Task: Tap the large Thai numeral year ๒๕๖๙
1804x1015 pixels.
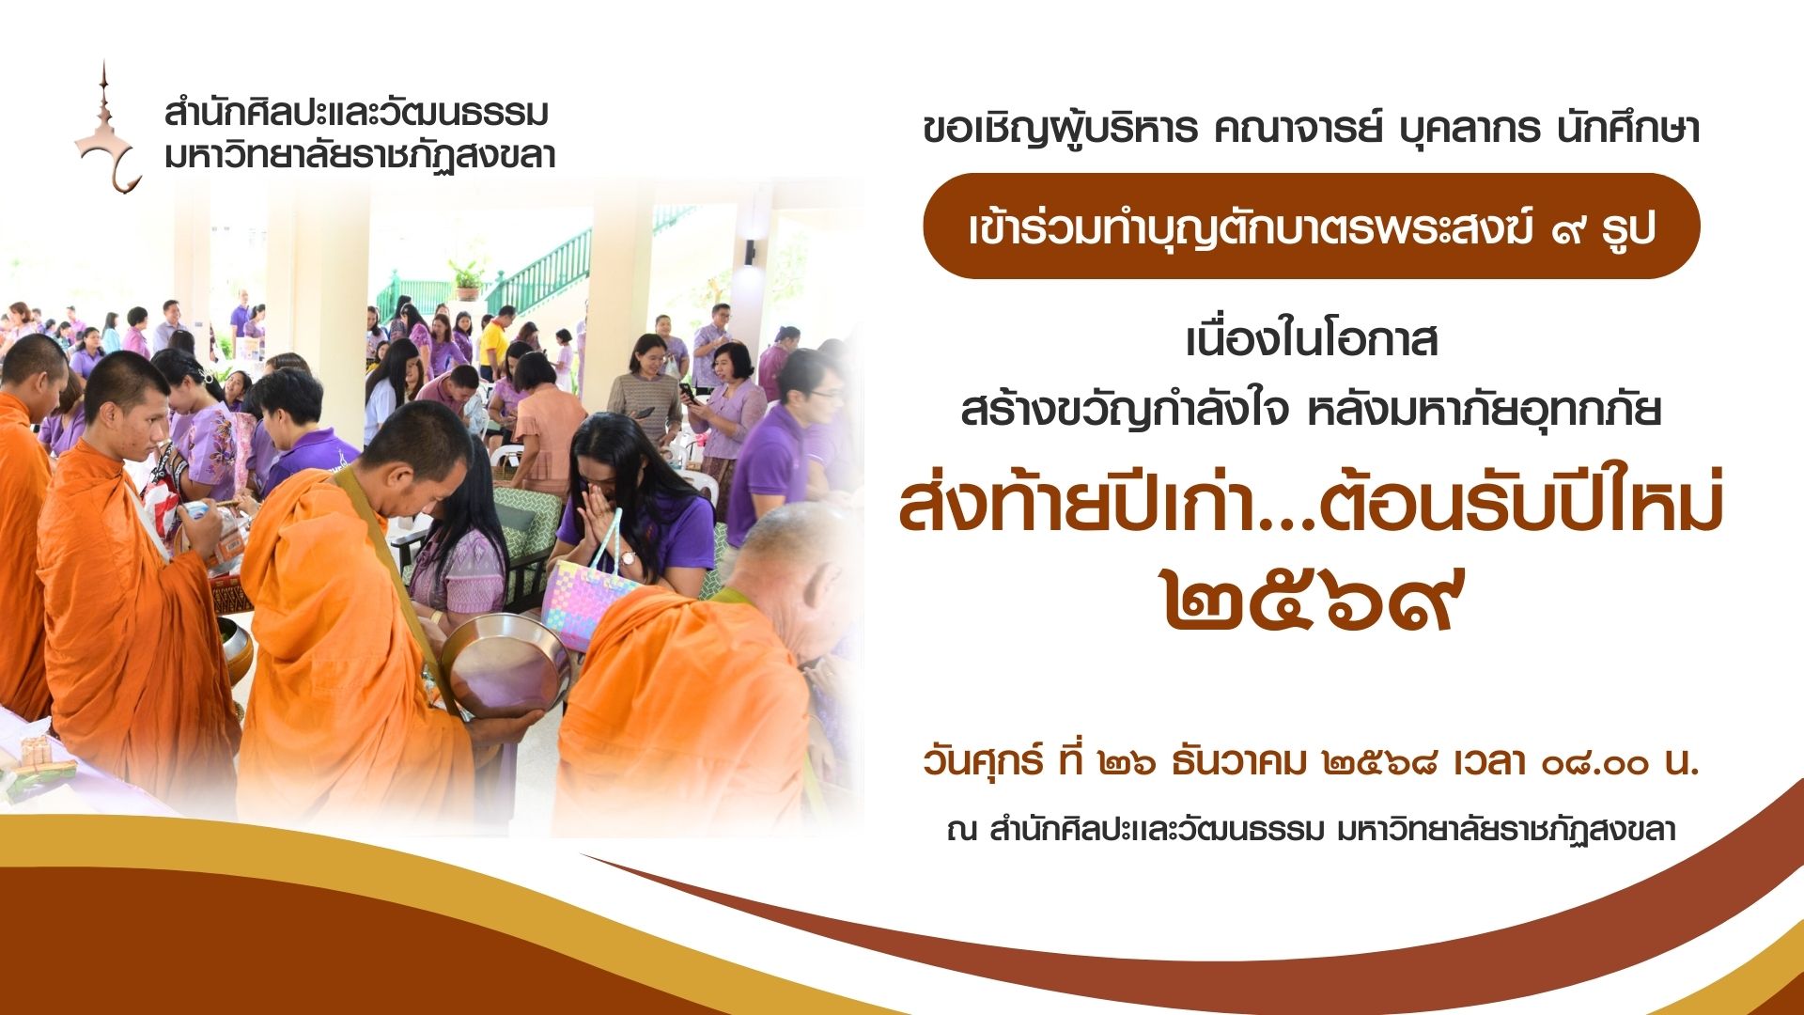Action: (1314, 601)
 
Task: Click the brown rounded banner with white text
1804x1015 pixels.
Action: (1311, 226)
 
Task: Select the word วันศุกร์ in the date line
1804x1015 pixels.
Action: (983, 761)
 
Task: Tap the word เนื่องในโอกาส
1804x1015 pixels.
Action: (1312, 340)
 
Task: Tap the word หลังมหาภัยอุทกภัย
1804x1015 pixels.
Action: (1485, 411)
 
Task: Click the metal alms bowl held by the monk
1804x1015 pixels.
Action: (505, 663)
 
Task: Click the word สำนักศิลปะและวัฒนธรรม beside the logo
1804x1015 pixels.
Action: (356, 113)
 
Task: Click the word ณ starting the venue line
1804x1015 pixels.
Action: (962, 832)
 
